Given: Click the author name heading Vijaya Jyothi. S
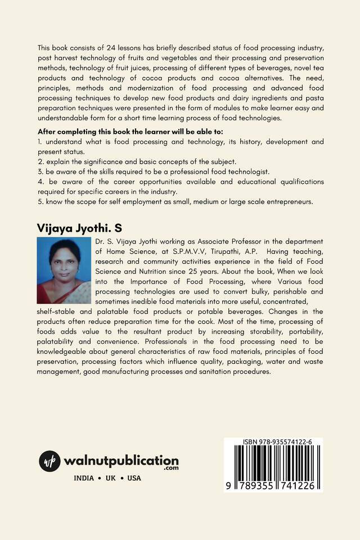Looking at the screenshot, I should coord(79,228).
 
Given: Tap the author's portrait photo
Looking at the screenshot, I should coord(64,271).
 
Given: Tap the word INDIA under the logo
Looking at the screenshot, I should coord(84,478).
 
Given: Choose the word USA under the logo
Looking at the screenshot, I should coord(134,478).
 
